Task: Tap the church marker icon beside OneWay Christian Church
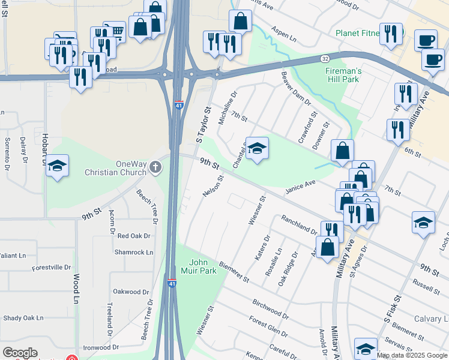[x=155, y=167]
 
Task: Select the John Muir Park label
[x=202, y=266]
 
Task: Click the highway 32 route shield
[x=324, y=59]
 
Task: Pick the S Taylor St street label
[x=204, y=125]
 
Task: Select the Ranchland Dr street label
[x=298, y=225]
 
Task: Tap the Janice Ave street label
[x=300, y=187]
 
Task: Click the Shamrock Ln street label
[x=132, y=252]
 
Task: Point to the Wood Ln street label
[x=77, y=288]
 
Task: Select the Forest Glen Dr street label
[x=269, y=330]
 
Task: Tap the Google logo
[x=20, y=353]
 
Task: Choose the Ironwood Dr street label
[x=101, y=347]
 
